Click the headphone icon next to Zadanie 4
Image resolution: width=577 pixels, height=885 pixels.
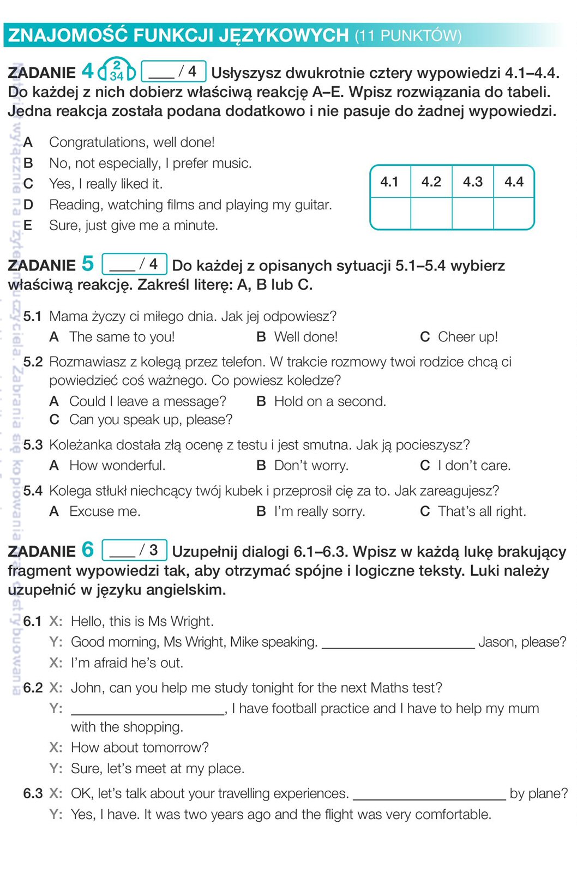[116, 70]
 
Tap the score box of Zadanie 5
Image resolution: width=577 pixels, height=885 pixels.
[134, 264]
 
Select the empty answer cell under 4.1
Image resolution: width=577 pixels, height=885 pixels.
[390, 213]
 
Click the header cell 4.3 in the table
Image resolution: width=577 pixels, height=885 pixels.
[472, 182]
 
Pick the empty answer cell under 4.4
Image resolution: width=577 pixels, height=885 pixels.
[514, 213]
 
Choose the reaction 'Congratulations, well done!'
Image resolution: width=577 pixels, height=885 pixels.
[131, 142]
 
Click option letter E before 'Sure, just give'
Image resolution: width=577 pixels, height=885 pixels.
[28, 225]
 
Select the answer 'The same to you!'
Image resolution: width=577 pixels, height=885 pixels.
[122, 337]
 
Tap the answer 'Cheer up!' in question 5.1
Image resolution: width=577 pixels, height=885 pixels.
[467, 337]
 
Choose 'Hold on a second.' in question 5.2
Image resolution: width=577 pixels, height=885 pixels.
[329, 401]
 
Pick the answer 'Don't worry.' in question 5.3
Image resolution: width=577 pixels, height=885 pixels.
[311, 466]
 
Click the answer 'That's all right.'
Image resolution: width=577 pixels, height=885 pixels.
[482, 511]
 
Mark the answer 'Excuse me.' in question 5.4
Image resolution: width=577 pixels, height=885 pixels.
[105, 511]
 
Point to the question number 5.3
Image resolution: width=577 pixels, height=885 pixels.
[33, 445]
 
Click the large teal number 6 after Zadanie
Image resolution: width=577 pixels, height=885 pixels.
[88, 549]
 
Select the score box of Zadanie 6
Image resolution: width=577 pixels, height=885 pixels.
[134, 550]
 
